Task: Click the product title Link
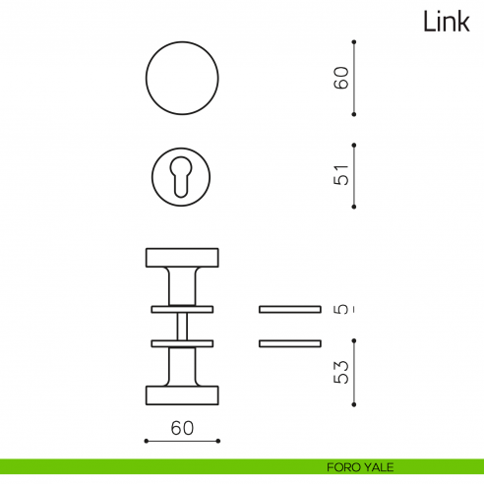click(447, 22)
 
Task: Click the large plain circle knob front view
click(182, 79)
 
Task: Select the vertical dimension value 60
click(340, 79)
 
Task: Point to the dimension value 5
click(340, 310)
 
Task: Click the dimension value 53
click(340, 373)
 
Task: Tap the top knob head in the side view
click(182, 258)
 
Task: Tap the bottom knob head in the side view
click(182, 394)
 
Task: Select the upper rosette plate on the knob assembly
click(182, 309)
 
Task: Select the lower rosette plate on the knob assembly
click(182, 342)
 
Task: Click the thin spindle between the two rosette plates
click(182, 326)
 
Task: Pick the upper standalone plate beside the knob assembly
click(289, 309)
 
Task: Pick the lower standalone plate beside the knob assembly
click(289, 342)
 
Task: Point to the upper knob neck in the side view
click(182, 285)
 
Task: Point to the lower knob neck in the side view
click(182, 366)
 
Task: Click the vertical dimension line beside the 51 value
click(354, 176)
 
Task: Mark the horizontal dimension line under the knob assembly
click(182, 442)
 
